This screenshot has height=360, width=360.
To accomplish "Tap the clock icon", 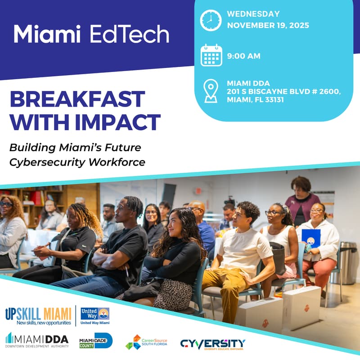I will pyautogui.click(x=211, y=20).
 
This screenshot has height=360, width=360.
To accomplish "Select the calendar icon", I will pyautogui.click(x=211, y=56).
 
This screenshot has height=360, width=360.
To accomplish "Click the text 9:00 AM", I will pyautogui.click(x=244, y=56).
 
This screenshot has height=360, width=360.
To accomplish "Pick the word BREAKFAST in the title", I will pyautogui.click(x=77, y=99).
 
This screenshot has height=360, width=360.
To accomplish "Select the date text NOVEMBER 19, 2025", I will pyautogui.click(x=268, y=25).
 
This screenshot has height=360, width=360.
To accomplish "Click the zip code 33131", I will pyautogui.click(x=270, y=99).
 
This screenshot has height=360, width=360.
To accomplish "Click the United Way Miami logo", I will pyautogui.click(x=94, y=316).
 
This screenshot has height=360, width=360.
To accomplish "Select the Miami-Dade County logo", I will pyautogui.click(x=95, y=341).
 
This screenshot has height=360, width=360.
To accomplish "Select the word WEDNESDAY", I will pyautogui.click(x=253, y=14).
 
